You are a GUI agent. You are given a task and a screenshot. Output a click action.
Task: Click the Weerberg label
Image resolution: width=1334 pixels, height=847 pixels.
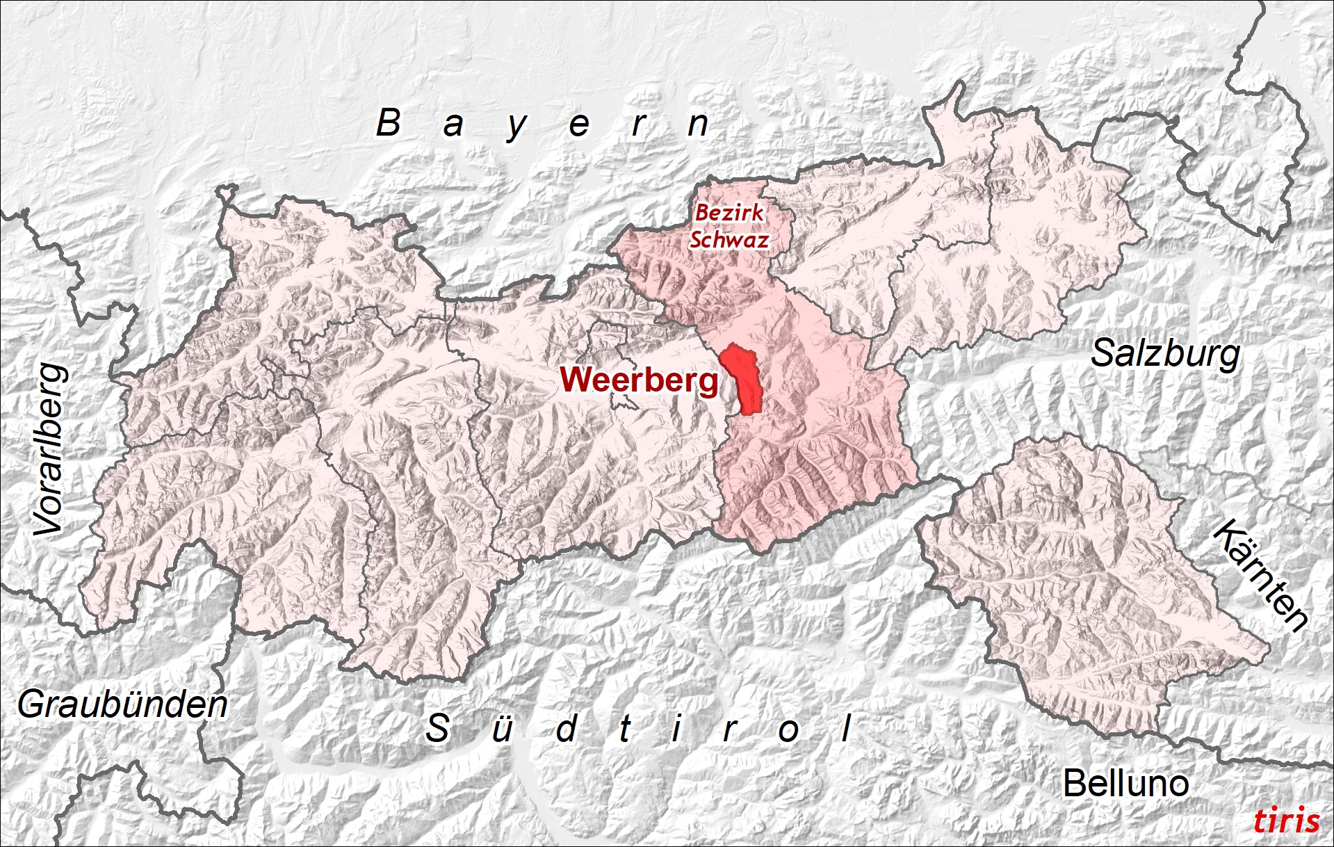pos(639,380)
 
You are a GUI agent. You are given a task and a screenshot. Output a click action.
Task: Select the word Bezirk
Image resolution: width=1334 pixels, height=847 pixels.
pos(729,212)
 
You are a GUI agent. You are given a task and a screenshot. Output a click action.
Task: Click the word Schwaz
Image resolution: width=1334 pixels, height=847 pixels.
pos(729,240)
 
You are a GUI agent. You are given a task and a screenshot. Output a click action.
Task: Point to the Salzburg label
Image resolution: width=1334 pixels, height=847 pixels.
pos(1165,354)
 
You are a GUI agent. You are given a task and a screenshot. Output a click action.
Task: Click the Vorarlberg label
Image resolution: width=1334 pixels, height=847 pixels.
pos(51,450)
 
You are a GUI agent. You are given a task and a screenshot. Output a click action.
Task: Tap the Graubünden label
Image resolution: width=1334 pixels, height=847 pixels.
pos(122,704)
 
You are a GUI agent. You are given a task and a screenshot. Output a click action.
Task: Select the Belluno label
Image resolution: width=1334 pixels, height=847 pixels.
pos(1125,784)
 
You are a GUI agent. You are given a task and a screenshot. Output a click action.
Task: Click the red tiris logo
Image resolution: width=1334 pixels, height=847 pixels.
pos(1286,821)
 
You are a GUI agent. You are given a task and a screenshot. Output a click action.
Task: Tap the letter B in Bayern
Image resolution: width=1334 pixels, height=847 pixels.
pos(389,123)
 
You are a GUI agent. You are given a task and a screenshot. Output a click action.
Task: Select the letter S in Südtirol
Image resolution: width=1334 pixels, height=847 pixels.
pos(437,729)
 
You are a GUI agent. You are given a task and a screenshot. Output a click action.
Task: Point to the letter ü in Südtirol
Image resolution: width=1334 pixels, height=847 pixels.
pos(502,729)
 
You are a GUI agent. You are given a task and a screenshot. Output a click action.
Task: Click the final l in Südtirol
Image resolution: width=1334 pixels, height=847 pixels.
pos(847,729)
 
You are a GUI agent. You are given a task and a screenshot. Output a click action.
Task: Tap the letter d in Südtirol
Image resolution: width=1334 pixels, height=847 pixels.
pos(567,729)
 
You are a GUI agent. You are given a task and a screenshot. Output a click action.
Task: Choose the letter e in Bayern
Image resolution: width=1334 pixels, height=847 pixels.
pos(579,126)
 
